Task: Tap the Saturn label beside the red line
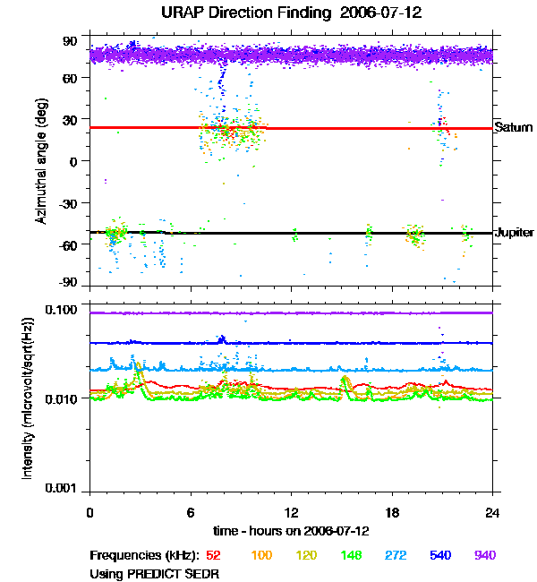(514, 128)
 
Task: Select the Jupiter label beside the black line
(514, 233)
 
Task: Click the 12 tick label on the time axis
(291, 512)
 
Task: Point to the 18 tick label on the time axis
(392, 512)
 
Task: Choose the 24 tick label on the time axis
(493, 512)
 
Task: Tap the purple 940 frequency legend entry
(484, 556)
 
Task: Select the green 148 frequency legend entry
(350, 556)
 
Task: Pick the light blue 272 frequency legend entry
(395, 556)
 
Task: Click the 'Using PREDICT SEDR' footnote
(154, 573)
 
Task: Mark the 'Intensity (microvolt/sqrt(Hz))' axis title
(28, 399)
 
